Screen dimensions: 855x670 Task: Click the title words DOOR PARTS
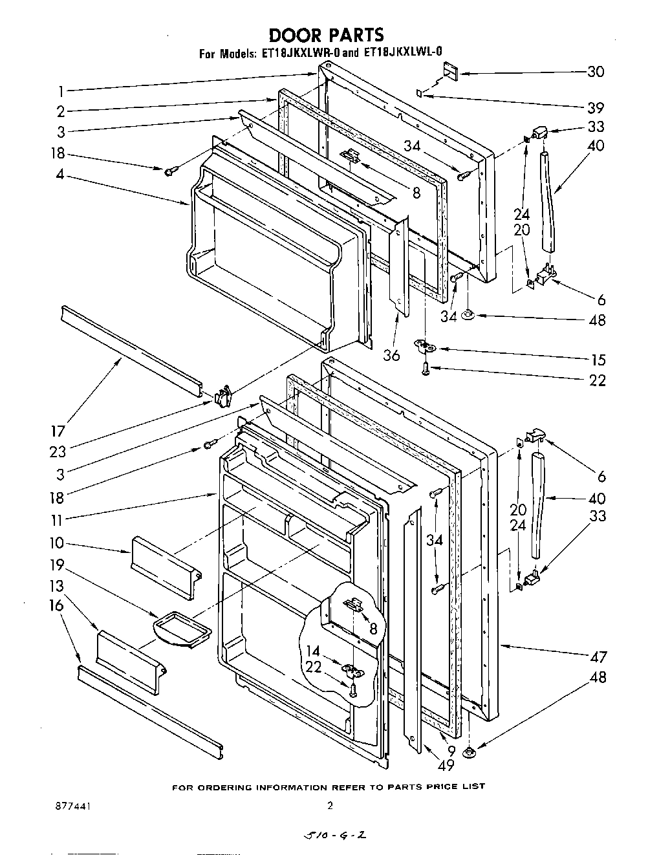(326, 34)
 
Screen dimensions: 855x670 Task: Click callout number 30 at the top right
(595, 72)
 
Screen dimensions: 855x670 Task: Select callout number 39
(595, 107)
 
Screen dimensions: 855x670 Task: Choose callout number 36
(391, 355)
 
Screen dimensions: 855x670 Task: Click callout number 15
(598, 360)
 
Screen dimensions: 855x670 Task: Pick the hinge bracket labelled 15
(425, 348)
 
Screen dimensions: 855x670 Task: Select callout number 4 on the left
(59, 174)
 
